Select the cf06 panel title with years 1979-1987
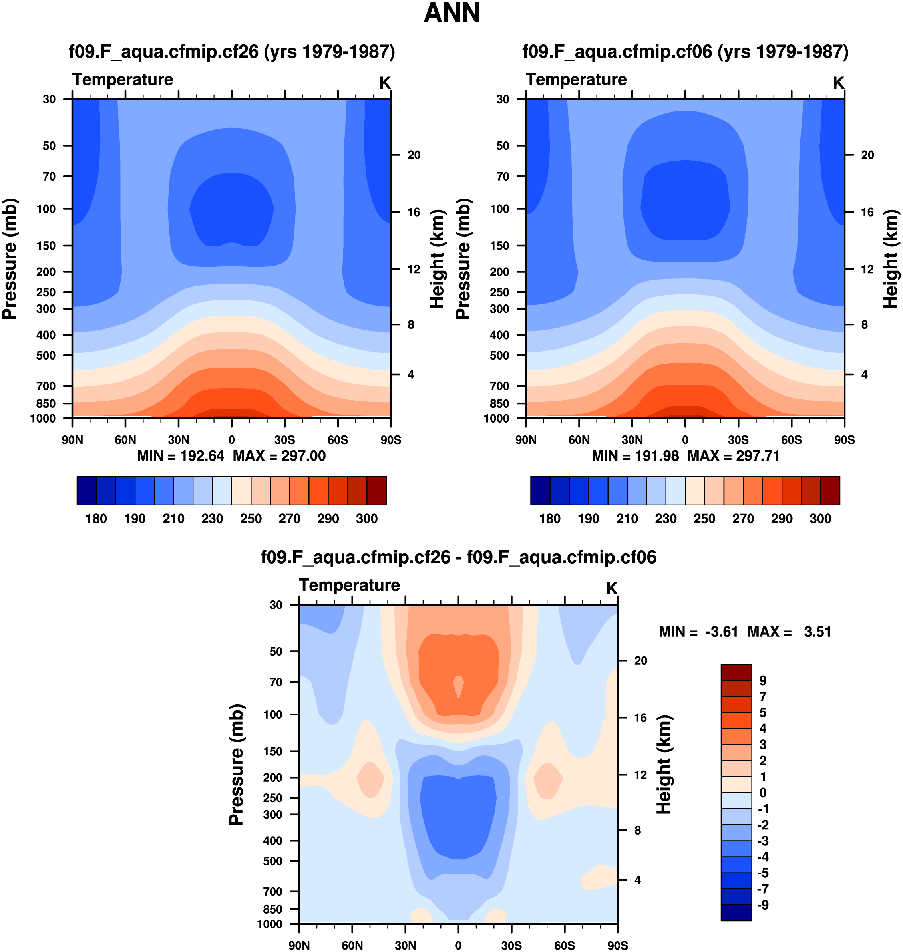(x=685, y=51)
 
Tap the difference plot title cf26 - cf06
(x=458, y=557)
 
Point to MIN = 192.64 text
(x=181, y=456)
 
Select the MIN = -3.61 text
(x=698, y=632)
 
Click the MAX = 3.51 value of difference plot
(x=790, y=632)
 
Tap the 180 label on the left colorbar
(x=96, y=519)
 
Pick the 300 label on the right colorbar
(x=820, y=519)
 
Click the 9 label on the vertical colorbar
(x=762, y=681)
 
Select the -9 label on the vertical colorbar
(x=762, y=905)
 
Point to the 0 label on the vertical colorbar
(x=762, y=793)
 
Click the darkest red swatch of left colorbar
(x=376, y=491)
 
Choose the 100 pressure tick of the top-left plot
(x=46, y=209)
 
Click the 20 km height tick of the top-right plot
(x=867, y=155)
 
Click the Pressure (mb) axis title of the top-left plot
(x=10, y=259)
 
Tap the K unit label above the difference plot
(x=611, y=588)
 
